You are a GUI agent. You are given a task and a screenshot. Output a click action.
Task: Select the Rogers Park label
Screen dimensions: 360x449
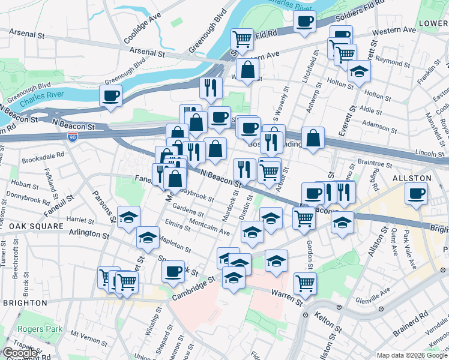tap(35, 328)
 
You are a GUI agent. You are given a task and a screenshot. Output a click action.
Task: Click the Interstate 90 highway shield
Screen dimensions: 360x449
tap(72, 138)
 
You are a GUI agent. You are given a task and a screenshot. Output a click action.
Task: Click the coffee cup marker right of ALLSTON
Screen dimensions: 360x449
tap(417, 193)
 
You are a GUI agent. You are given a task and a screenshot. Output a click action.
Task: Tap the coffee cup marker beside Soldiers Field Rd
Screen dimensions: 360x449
tap(305, 21)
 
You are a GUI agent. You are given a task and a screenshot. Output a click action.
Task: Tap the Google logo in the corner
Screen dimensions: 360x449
tap(20, 353)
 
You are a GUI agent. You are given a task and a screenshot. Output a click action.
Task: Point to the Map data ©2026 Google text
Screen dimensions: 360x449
tap(412, 355)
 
